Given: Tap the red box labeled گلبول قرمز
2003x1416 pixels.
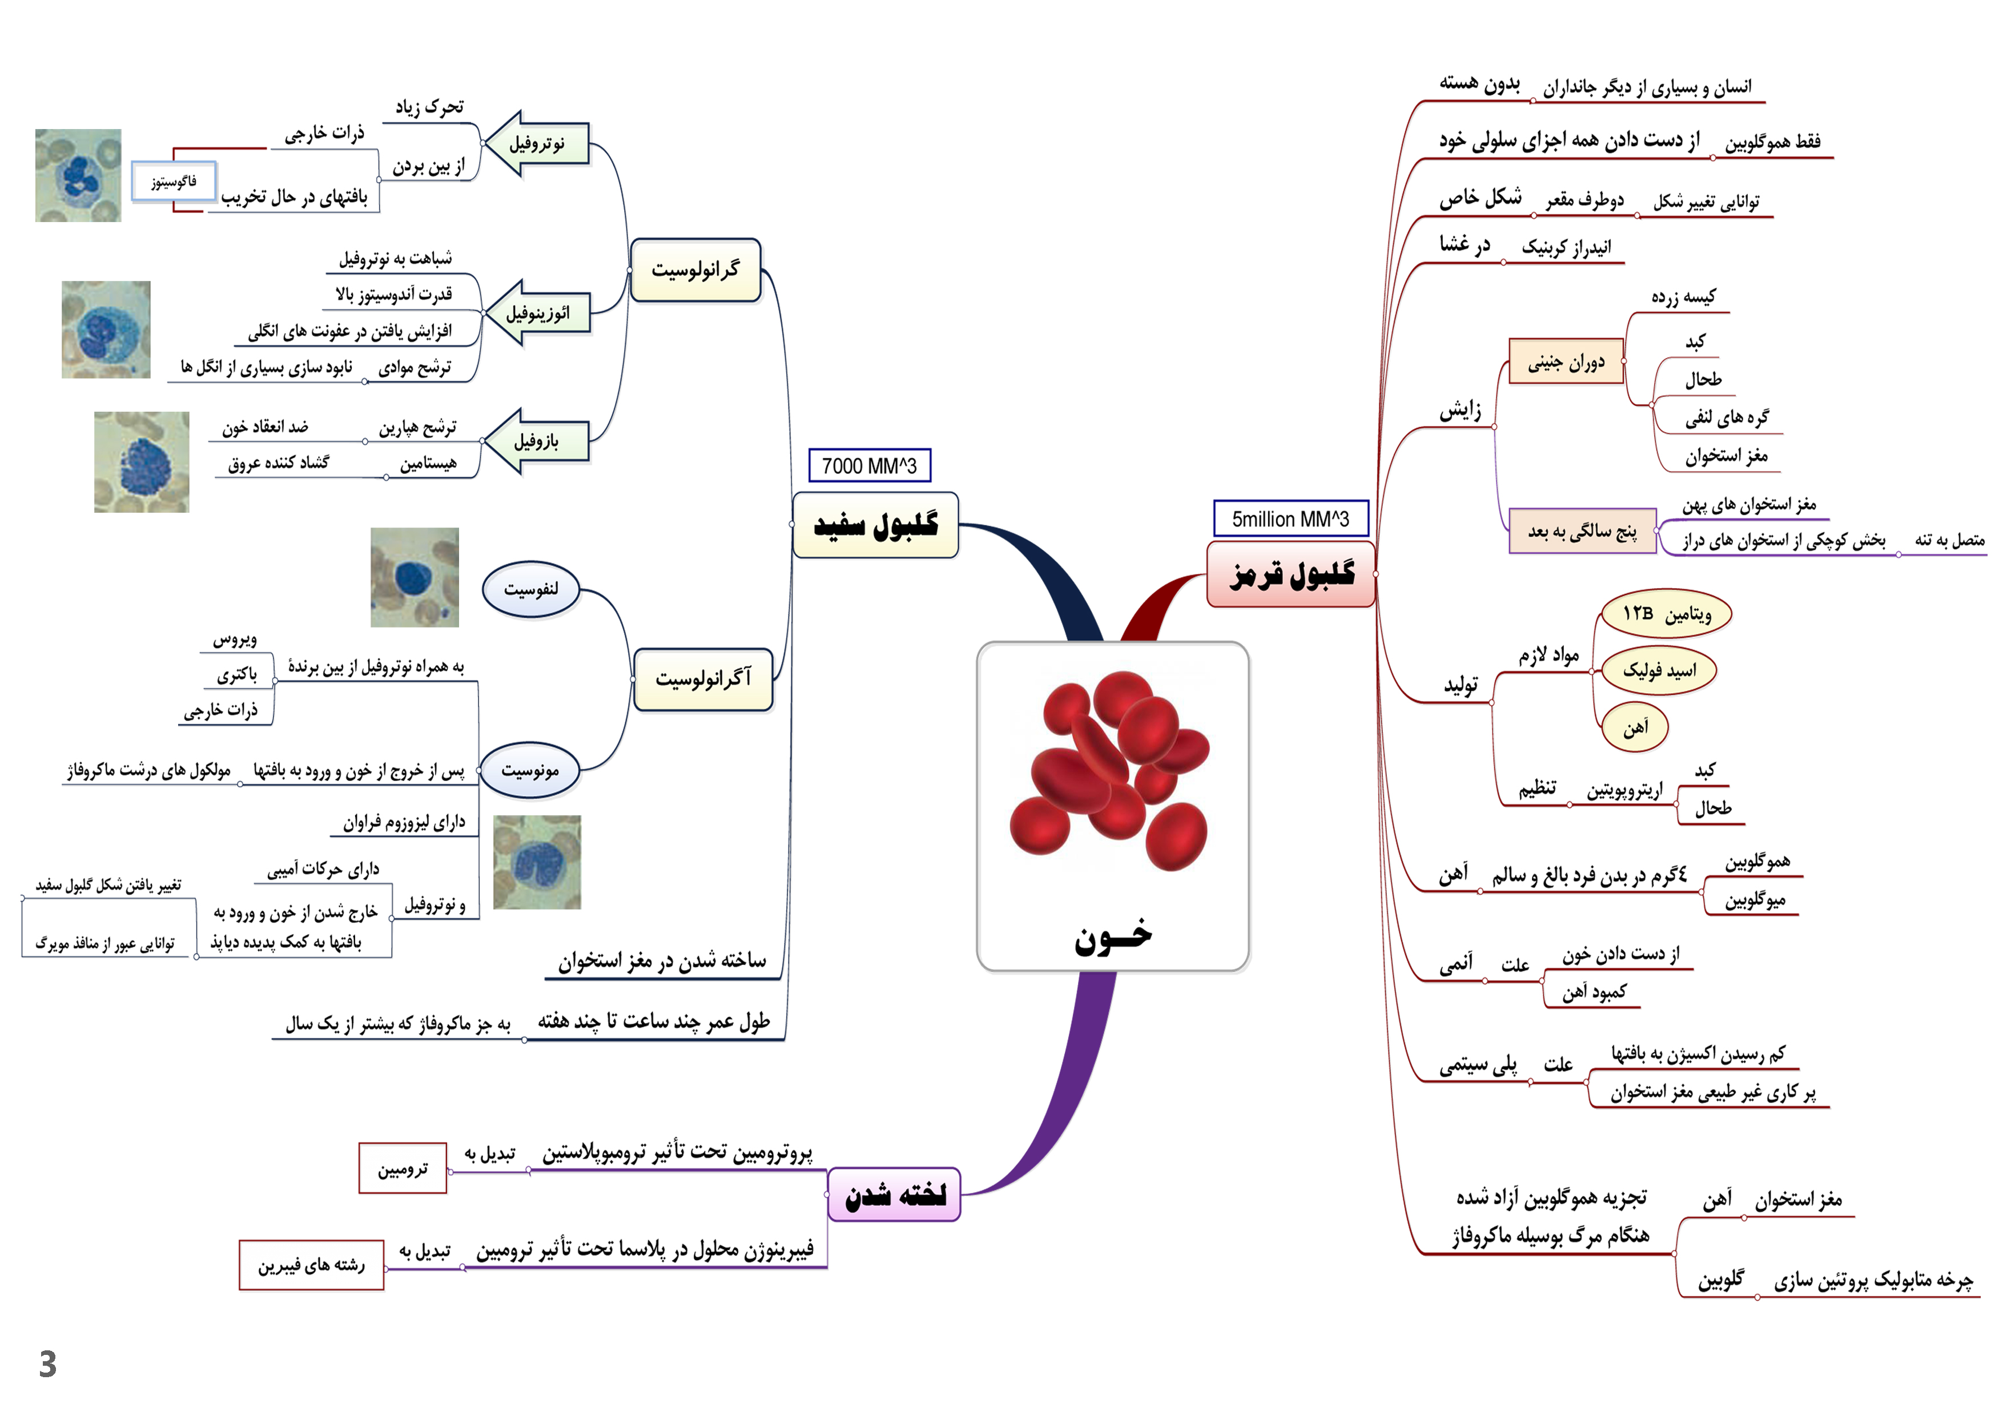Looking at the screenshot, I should pos(1291,574).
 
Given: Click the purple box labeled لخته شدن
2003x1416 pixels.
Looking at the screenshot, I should pos(894,1194).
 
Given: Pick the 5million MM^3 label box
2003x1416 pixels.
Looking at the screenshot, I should pos(1290,519).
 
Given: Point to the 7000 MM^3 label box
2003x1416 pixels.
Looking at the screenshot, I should pos(869,466).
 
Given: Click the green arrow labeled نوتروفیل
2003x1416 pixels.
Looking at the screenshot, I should pos(537,144).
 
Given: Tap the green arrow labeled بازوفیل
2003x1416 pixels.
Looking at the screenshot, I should pos(537,441).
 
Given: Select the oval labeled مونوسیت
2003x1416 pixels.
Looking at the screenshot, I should pos(530,770).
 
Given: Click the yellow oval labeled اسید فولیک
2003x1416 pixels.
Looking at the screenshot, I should pos(1659,670).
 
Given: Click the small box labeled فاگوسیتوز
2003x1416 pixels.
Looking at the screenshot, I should pos(174,182).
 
